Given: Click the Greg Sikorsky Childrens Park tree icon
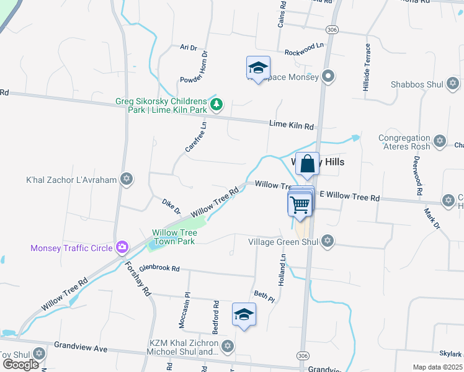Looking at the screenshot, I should [x=216, y=105].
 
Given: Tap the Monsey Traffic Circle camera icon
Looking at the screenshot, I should [x=122, y=247].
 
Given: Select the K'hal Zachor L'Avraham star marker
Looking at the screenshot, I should [x=127, y=180].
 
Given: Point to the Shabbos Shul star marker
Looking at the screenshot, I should [x=453, y=84].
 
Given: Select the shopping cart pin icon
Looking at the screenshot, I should [x=300, y=203].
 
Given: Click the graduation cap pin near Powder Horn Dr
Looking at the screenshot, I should [x=258, y=68].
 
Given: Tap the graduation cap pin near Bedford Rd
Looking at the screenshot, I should [x=244, y=314].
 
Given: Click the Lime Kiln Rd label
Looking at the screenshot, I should [x=292, y=125].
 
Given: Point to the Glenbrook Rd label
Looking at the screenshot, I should [x=159, y=268].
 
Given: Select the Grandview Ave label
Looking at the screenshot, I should [x=81, y=346].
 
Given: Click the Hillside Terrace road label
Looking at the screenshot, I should [x=367, y=68].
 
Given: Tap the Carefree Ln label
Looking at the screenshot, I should [x=195, y=137].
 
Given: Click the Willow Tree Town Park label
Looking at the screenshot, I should [x=174, y=237].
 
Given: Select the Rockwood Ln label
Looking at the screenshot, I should [x=304, y=50].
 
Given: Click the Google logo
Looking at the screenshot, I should [x=20, y=365].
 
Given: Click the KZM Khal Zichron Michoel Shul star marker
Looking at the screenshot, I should [x=228, y=345].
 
